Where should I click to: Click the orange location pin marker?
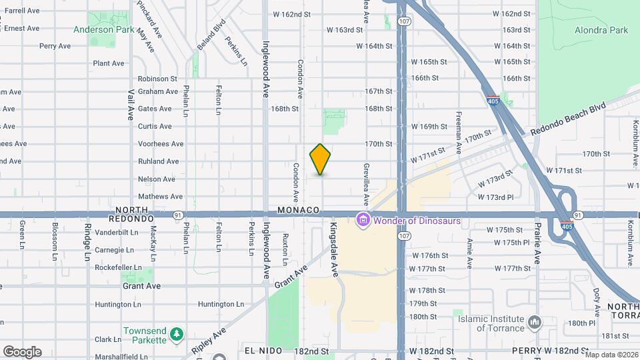tap(320, 159)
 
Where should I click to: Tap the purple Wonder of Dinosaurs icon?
tap(363, 220)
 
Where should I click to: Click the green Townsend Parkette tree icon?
tap(176, 333)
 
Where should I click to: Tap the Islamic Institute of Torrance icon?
tap(535, 323)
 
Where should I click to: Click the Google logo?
tap(22, 352)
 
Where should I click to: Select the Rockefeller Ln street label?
tap(119, 268)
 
